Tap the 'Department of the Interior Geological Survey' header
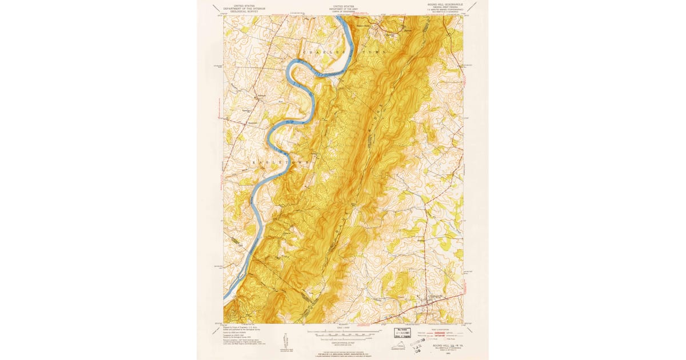click(x=240, y=7)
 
